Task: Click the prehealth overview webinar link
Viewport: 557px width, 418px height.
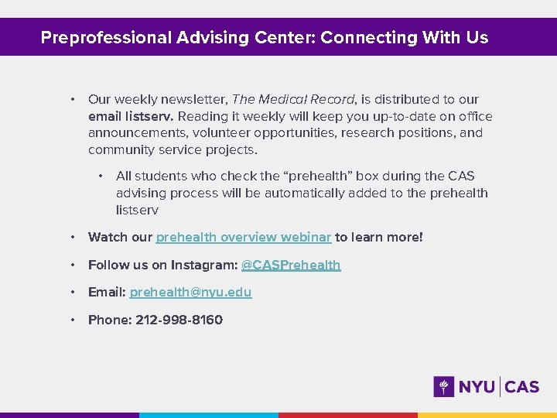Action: click(244, 238)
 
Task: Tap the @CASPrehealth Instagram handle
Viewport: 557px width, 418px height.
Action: click(291, 266)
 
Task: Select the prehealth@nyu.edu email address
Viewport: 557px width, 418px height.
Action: click(190, 293)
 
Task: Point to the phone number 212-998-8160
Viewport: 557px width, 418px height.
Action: click(179, 320)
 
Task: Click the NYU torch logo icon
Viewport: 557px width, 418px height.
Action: click(444, 386)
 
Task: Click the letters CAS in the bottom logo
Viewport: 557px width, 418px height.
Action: click(522, 386)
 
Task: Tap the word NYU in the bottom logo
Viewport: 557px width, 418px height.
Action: click(477, 386)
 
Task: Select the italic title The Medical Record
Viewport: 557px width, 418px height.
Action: click(293, 100)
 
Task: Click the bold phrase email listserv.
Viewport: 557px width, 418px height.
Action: click(131, 117)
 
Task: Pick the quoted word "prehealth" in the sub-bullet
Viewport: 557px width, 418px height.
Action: click(320, 176)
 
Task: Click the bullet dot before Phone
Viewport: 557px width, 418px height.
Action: click(71, 320)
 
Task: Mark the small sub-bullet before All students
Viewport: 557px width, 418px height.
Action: click(100, 176)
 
